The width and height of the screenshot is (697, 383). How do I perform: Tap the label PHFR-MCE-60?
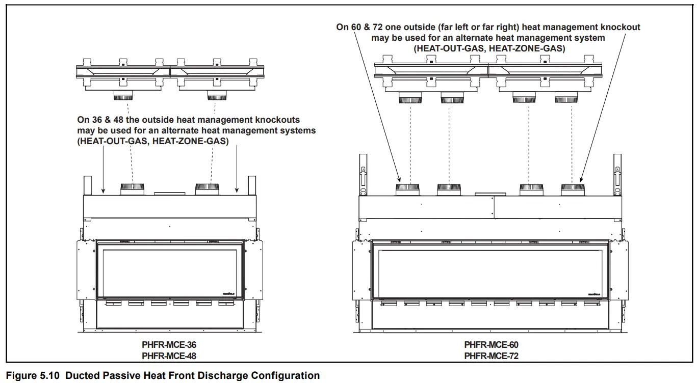tap(491, 345)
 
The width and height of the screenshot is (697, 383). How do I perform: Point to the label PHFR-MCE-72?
tap(491, 355)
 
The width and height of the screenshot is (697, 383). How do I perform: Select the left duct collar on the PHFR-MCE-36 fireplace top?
tap(133, 189)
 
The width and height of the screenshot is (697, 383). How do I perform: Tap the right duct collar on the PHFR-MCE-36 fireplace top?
tap(208, 189)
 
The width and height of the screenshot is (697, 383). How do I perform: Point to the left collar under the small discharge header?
tap(123, 96)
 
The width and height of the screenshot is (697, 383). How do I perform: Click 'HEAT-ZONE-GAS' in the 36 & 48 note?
tap(197, 141)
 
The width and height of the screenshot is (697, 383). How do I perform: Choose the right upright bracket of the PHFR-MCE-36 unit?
tap(251, 185)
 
